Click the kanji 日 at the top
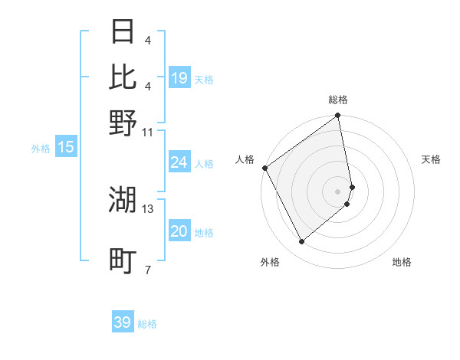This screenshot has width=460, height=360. coord(123,32)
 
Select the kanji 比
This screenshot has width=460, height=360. coord(123,77)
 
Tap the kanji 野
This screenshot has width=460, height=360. coord(123,123)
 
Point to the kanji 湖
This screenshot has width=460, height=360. coord(123,199)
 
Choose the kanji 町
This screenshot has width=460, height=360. coord(123,260)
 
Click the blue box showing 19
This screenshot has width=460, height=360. coord(179,78)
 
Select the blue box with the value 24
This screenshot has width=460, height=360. coord(179,162)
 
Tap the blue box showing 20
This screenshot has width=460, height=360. coord(179,231)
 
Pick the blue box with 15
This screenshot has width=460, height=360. coord(66,148)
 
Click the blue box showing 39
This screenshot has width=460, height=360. coord(123,322)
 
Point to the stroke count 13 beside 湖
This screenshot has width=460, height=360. coord(148,208)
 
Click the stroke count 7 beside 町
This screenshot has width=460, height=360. coord(147,270)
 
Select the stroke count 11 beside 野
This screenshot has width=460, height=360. coord(148,132)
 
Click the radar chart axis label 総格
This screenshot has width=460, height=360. coord(338,100)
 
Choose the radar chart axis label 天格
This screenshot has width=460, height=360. coord(431,159)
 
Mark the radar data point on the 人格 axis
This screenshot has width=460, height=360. coord(264,168)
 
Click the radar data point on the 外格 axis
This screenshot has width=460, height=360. coord(301,242)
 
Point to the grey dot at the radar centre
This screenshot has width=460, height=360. coord(338,191)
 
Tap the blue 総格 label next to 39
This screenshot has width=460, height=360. coord(147,324)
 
